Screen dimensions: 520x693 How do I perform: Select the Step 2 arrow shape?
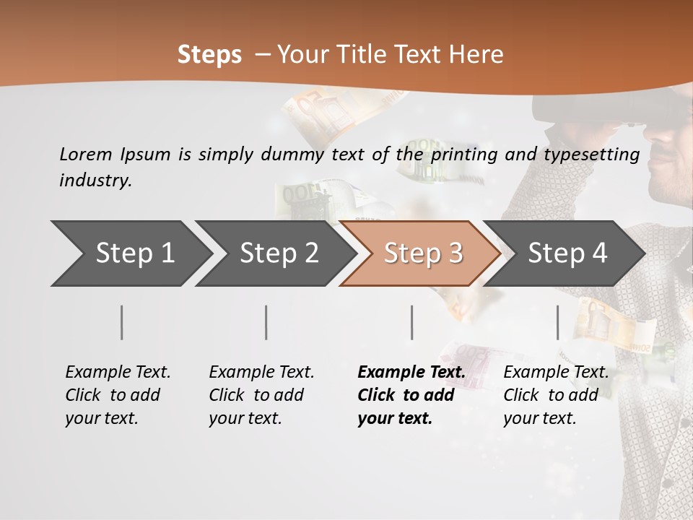click(x=279, y=253)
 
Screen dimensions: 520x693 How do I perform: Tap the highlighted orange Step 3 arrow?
click(x=423, y=253)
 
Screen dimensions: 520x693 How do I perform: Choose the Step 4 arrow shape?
click(x=567, y=253)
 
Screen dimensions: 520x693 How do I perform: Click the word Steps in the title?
click(x=209, y=54)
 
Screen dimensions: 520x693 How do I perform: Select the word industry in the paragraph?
click(x=95, y=181)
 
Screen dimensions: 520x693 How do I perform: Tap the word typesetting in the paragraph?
click(x=596, y=154)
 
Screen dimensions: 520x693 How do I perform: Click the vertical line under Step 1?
click(x=122, y=322)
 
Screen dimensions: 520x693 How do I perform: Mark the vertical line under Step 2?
click(x=266, y=322)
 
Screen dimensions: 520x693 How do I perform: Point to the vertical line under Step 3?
click(x=411, y=322)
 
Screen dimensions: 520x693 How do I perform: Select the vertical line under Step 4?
click(x=557, y=322)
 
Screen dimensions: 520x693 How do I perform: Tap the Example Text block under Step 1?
click(x=118, y=395)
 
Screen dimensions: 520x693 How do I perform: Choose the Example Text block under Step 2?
click(x=261, y=395)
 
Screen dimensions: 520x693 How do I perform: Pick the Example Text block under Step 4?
click(x=556, y=395)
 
